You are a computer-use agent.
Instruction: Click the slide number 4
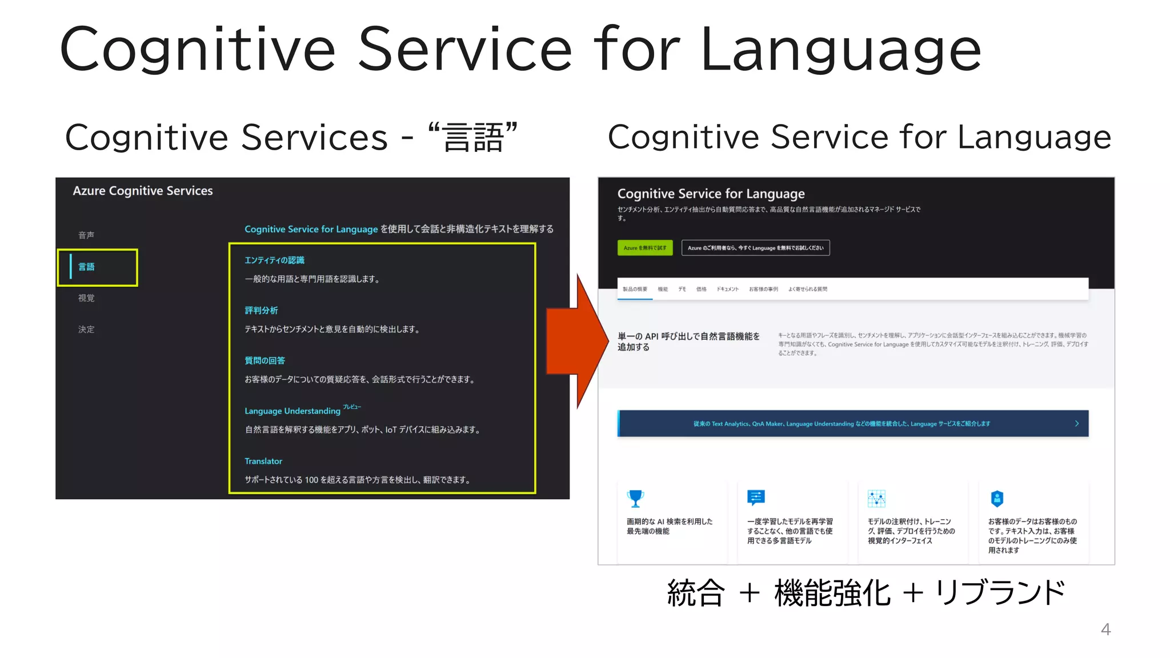1105,629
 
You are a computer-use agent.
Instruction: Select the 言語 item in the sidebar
87,267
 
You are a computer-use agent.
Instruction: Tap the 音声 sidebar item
87,235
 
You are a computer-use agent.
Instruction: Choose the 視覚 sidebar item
87,298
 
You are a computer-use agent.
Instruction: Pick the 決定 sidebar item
87,330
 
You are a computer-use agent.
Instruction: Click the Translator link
263,462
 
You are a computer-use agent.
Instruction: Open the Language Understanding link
292,411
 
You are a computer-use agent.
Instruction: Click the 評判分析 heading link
261,311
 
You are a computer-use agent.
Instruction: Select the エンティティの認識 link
274,260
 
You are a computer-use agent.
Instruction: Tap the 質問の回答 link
265,361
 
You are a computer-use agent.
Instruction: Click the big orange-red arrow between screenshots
577,342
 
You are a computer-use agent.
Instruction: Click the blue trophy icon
635,499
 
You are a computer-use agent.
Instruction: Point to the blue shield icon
997,499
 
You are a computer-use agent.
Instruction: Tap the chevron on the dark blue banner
1077,424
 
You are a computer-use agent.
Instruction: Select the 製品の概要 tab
635,290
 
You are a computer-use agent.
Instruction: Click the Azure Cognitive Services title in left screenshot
143,191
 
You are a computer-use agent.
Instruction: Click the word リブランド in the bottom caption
1000,593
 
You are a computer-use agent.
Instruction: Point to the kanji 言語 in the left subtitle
473,138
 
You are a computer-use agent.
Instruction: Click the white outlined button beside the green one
755,248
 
